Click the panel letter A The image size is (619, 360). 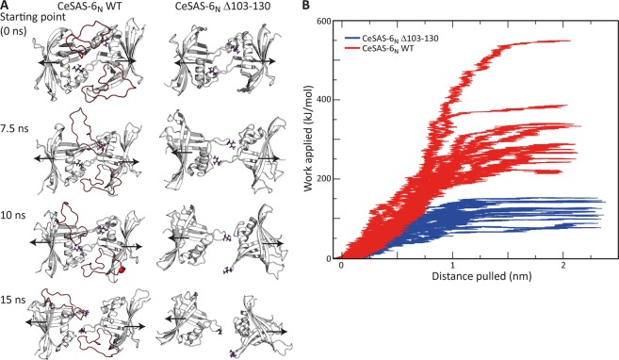tap(6, 7)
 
